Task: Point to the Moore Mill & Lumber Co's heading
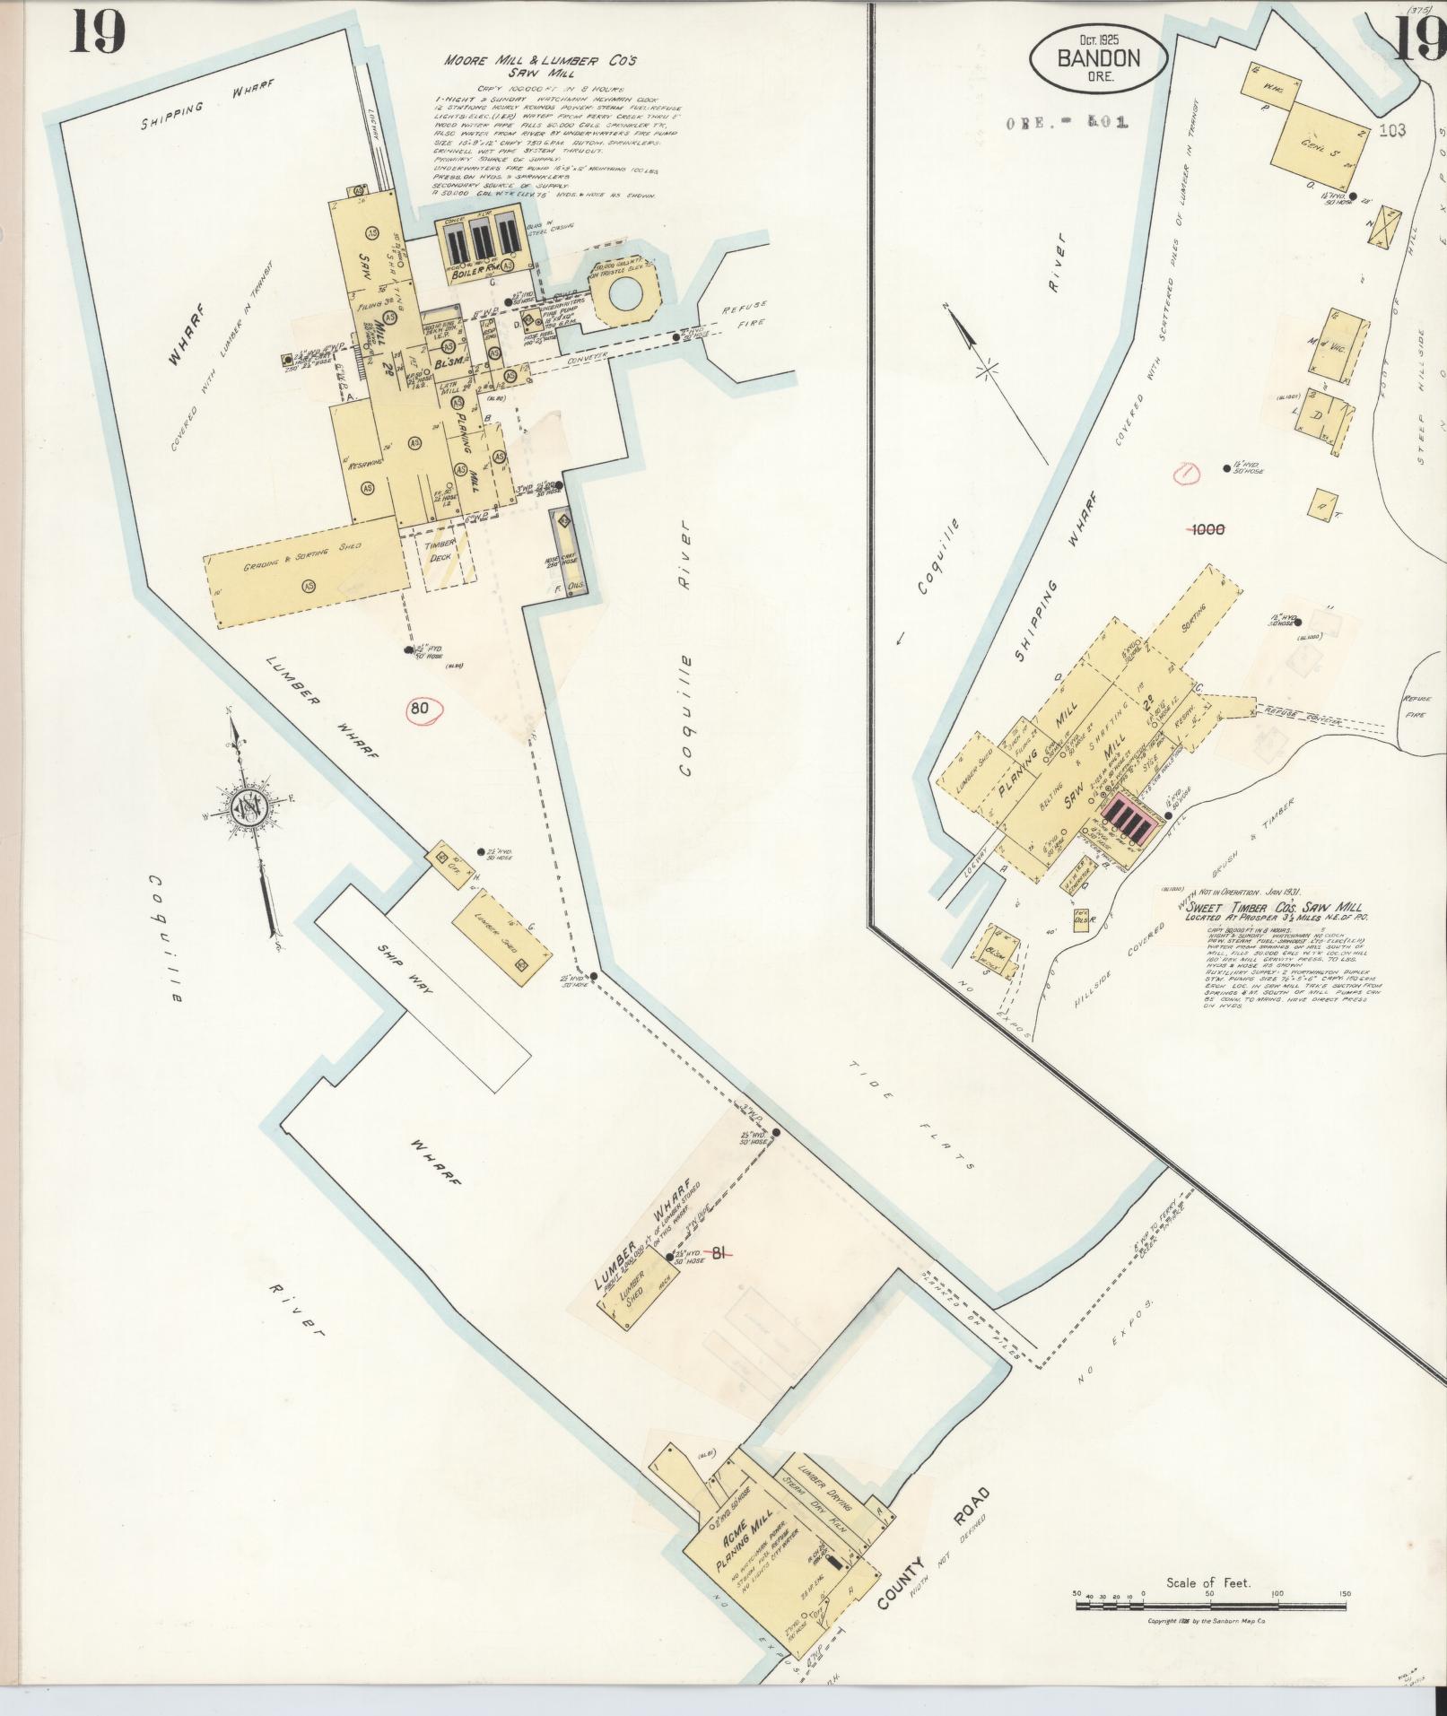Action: (x=540, y=65)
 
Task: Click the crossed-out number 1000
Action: (x=1207, y=530)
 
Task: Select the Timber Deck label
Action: (x=442, y=550)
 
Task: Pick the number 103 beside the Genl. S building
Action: (x=1392, y=130)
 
